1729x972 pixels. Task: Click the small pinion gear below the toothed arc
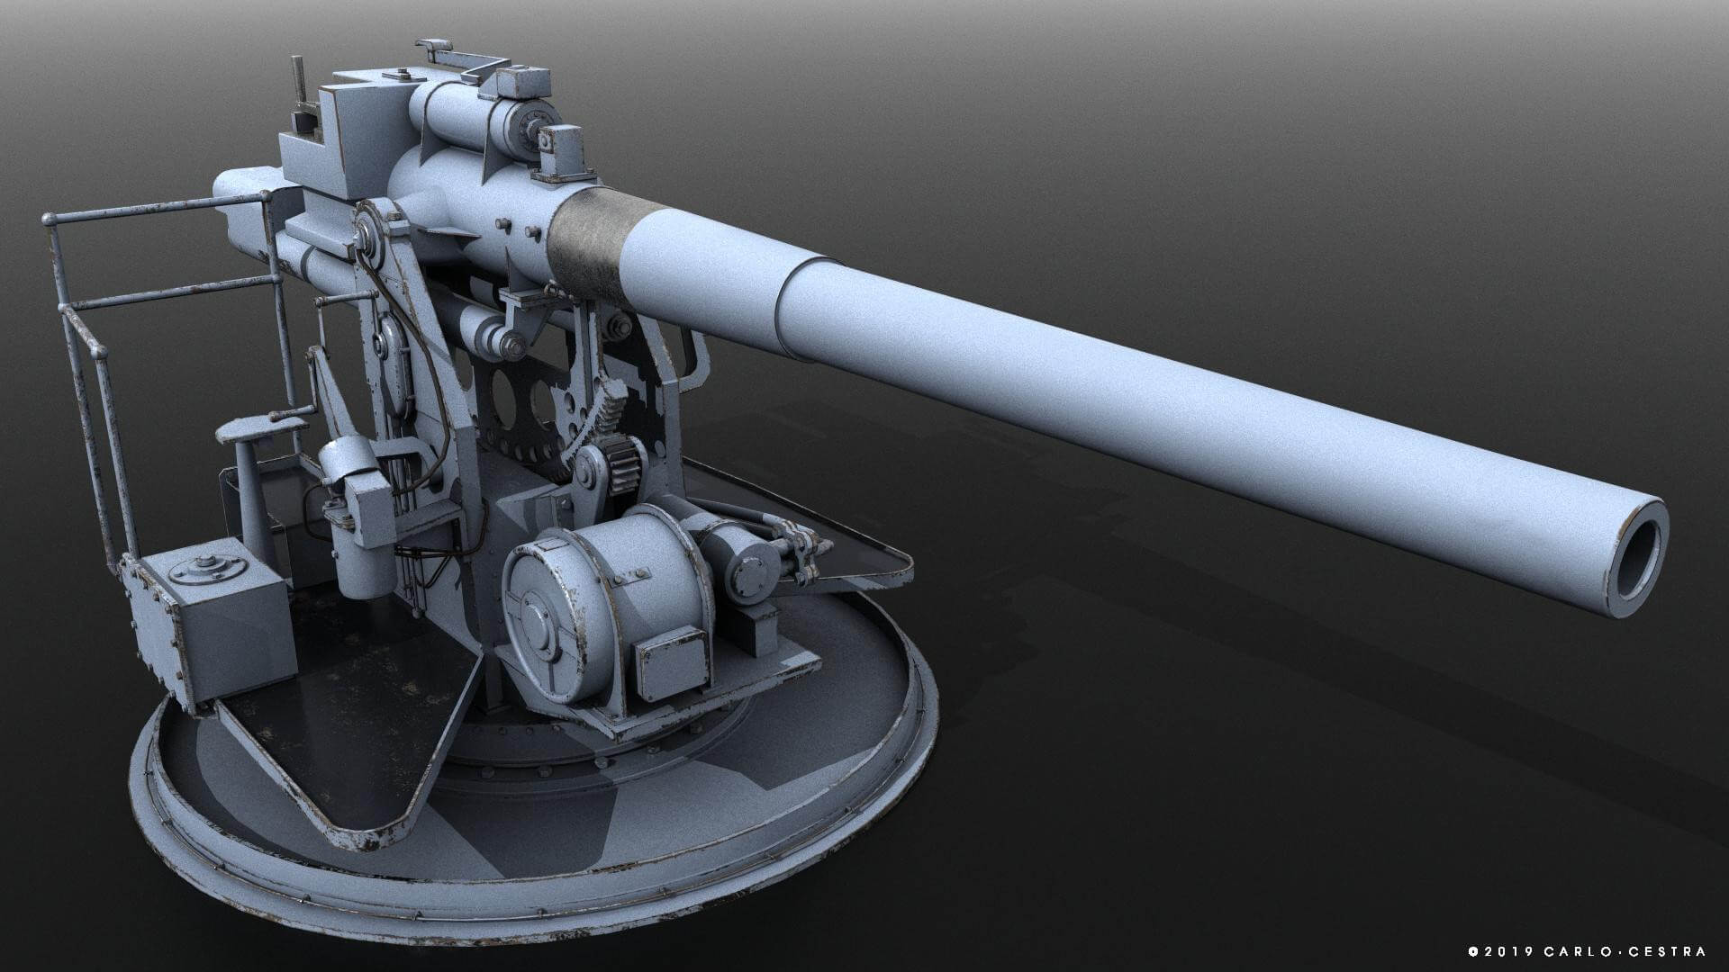point(621,465)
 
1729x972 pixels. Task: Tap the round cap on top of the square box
point(209,566)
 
